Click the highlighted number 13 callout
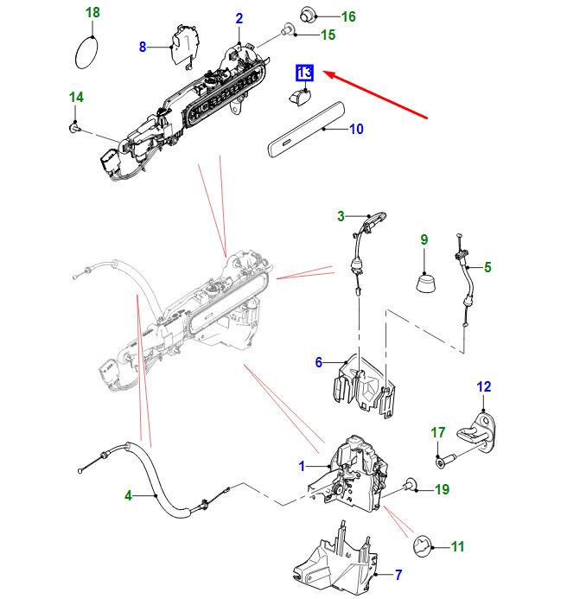point(304,73)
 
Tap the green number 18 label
point(92,12)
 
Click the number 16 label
point(348,16)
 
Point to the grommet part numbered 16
point(308,15)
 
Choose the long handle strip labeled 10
point(306,129)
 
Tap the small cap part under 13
point(300,96)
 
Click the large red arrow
point(375,94)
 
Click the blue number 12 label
point(483,386)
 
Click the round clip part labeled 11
point(423,546)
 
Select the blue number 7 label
point(398,574)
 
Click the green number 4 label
point(129,495)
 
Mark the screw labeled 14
point(75,127)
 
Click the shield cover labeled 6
point(364,386)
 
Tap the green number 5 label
point(488,267)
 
